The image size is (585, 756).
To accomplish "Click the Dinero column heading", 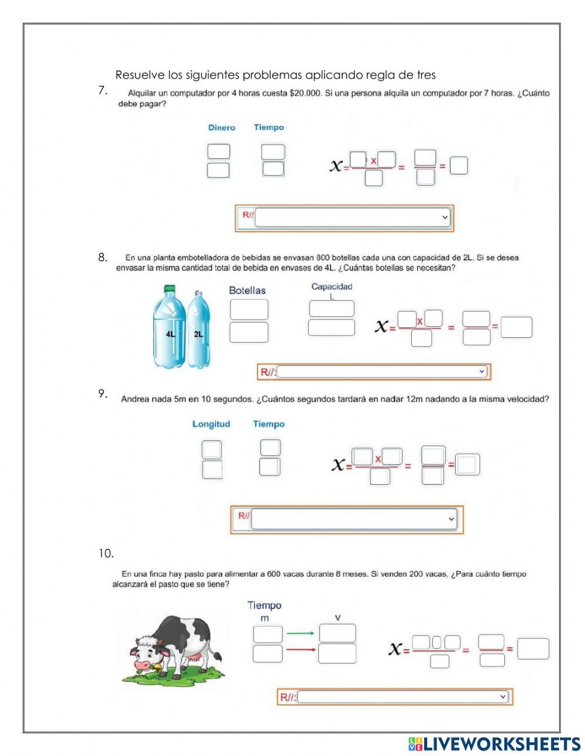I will pos(221,128).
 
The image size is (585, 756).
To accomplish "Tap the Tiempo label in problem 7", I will pos(269,127).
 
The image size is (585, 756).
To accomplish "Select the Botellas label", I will pos(247,290).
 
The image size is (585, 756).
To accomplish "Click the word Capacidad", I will pos(332,286).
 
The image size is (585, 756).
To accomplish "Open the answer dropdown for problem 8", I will pos(383,371).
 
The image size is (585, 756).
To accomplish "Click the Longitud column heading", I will pos(211,424).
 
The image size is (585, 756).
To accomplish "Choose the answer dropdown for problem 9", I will pos(353,519).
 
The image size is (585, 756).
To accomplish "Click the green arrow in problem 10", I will pos(301,633).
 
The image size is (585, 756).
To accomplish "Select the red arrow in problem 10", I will pos(301,649).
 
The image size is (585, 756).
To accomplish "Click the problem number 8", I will pos(103,257).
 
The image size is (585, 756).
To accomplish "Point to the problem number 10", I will pos(106,553).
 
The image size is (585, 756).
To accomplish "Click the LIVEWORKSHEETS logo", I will pos(494,744).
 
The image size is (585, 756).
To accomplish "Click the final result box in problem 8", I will pos(516,327).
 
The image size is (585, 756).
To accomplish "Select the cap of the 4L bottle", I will pos(169,289).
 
